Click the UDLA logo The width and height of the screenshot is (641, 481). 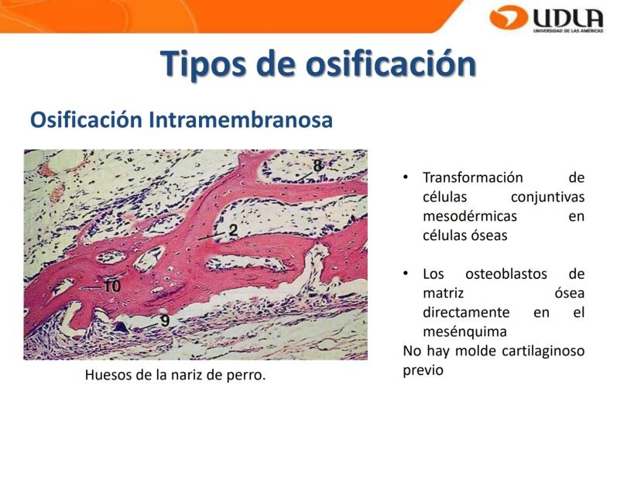[547, 19]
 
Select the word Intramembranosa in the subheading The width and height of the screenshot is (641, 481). [240, 120]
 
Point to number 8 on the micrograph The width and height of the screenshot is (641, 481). [318, 165]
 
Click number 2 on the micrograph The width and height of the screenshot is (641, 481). [233, 230]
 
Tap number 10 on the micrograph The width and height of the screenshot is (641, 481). [111, 286]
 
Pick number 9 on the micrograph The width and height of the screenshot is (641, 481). [165, 320]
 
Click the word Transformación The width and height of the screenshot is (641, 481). [473, 177]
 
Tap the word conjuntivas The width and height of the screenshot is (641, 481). [548, 198]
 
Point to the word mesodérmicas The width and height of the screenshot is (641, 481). [470, 216]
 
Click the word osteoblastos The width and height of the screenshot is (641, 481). [506, 273]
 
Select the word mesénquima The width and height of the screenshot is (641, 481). [464, 332]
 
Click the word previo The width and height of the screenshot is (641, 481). [423, 370]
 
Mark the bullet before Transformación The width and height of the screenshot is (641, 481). [406, 177]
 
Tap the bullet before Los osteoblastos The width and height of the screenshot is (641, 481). [406, 273]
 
